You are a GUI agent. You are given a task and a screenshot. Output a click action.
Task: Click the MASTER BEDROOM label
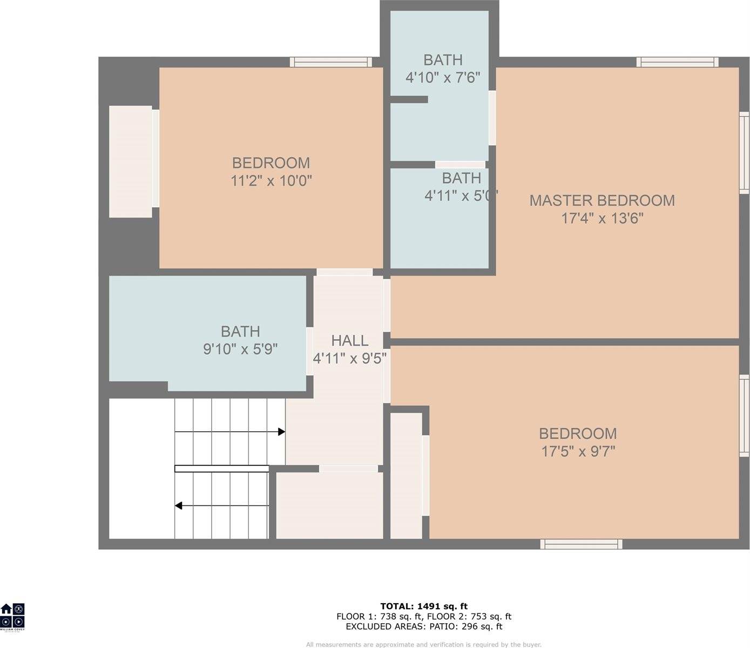(602, 200)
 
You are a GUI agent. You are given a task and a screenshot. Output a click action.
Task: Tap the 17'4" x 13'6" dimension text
(602, 219)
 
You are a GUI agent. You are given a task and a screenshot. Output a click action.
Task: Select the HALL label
(349, 341)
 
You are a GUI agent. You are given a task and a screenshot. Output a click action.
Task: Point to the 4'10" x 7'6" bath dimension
(442, 78)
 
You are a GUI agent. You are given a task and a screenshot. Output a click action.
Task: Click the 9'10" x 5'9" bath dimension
(240, 349)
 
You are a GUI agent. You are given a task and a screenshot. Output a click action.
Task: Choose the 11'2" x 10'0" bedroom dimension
(271, 181)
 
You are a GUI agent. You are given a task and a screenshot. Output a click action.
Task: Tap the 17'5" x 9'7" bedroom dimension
(578, 451)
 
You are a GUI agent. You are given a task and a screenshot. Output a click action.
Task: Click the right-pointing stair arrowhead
(281, 431)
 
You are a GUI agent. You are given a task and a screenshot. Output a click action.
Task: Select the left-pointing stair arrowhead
(179, 506)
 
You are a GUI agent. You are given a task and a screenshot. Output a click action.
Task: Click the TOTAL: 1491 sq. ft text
(423, 606)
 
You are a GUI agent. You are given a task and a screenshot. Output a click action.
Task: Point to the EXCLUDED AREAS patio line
(423, 626)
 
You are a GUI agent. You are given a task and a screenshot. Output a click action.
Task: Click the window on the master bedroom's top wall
(677, 62)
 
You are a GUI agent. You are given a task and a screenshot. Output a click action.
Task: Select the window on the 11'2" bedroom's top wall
(330, 62)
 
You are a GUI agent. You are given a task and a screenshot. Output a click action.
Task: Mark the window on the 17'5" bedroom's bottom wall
(581, 544)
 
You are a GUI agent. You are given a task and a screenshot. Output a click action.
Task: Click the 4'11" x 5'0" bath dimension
(461, 195)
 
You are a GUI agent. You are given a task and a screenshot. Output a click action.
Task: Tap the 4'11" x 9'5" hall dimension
(349, 358)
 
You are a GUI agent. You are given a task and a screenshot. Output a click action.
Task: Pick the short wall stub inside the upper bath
(409, 99)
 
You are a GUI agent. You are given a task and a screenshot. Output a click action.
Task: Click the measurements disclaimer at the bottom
(423, 644)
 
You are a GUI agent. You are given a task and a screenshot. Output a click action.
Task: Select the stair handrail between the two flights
(221, 469)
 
